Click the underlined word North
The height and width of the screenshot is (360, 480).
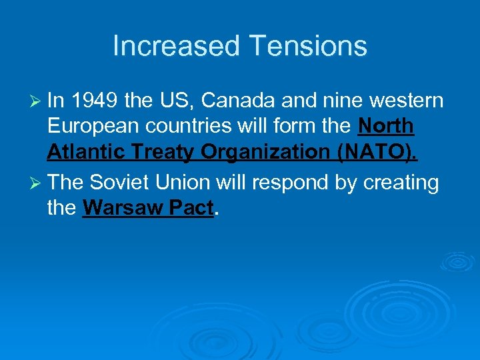[x=386, y=127]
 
